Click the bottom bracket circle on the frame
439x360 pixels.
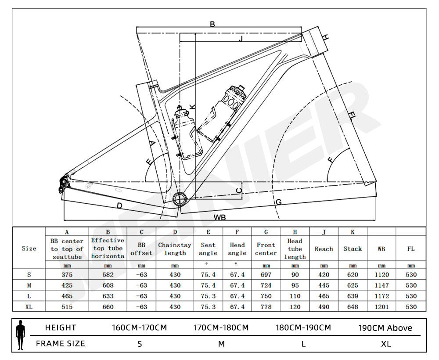[x=180, y=199]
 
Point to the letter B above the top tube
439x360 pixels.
[x=212, y=24]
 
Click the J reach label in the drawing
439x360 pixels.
[x=241, y=39]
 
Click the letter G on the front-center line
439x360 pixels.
[x=278, y=202]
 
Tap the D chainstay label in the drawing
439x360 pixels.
[x=119, y=205]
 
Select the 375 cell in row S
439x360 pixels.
[x=67, y=275]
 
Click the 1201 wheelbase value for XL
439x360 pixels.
[x=381, y=307]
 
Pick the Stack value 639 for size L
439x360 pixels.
[x=353, y=296]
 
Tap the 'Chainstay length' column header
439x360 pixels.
[x=175, y=249]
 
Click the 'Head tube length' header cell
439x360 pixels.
[x=295, y=249]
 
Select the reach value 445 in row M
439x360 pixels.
[x=324, y=285]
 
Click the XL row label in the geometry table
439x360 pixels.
[x=29, y=307]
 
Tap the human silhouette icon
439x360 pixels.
[x=20, y=335]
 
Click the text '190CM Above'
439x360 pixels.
[x=385, y=328]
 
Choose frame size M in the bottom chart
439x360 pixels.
[x=221, y=344]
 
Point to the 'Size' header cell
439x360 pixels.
[x=29, y=248]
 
